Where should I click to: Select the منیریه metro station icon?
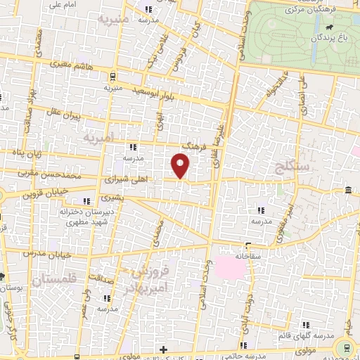(113, 77)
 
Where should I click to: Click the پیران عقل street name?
(77, 113)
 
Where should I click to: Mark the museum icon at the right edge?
(349, 190)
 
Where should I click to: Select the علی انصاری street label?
(304, 96)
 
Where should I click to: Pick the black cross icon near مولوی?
(163, 349)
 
